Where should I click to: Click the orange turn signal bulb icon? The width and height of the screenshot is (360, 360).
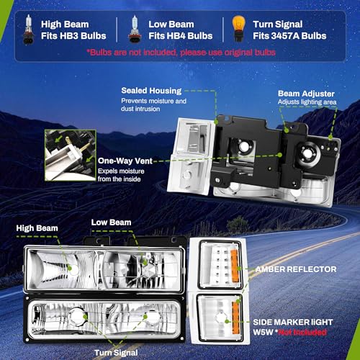[x=238, y=29]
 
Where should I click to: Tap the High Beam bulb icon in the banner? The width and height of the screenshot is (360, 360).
[x=29, y=30]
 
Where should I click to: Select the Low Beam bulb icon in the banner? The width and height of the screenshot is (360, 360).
[x=135, y=30]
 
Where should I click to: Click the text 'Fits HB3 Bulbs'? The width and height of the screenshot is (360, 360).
[x=73, y=36]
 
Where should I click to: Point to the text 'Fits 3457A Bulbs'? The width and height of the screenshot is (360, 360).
[x=289, y=36]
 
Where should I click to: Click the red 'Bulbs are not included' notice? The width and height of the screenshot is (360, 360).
[x=181, y=53]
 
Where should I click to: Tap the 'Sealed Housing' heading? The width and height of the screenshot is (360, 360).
[x=151, y=91]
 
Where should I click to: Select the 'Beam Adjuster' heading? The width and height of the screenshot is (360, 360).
[x=306, y=94]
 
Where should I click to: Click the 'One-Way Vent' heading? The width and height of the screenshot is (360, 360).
[x=125, y=161]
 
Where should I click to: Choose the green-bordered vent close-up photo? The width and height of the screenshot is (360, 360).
[x=71, y=156]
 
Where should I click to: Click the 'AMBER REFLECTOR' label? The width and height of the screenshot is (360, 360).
[x=296, y=269]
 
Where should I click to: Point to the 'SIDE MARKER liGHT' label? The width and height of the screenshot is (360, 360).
[x=293, y=322]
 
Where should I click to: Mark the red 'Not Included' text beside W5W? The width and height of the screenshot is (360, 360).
[x=302, y=333]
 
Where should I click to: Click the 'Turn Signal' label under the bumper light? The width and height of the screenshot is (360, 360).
[x=116, y=353]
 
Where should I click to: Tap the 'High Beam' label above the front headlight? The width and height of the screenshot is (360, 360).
[x=37, y=228]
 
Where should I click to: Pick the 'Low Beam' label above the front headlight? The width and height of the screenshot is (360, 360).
[x=111, y=222]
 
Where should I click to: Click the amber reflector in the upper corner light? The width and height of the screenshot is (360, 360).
[x=235, y=266]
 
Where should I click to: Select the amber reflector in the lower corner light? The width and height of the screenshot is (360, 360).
[x=236, y=318]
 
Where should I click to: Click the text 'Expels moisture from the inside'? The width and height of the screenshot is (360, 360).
[x=121, y=175]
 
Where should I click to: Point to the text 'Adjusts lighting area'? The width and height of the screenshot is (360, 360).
[x=307, y=102]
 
